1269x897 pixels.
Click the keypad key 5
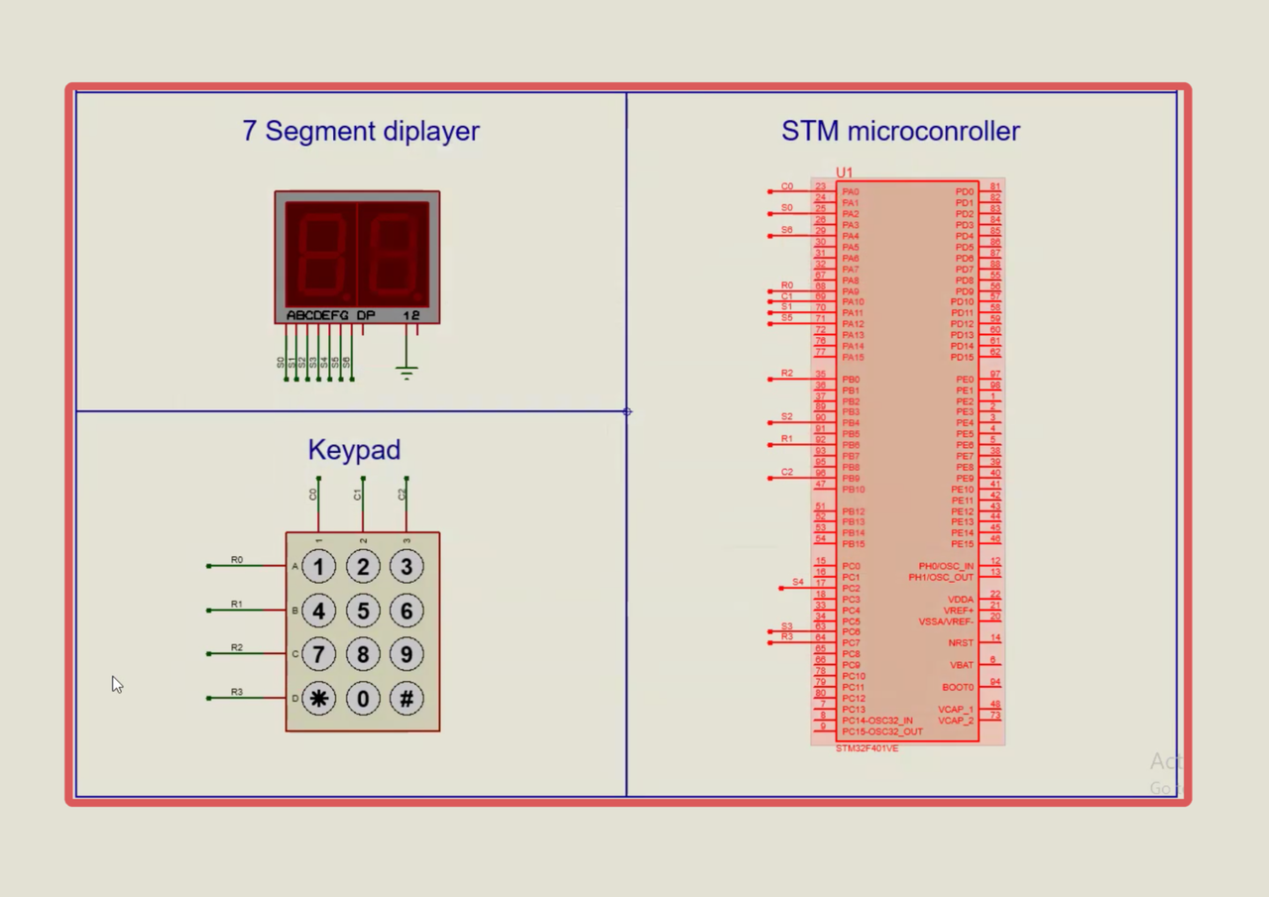pyautogui.click(x=363, y=611)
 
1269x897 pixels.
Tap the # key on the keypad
pyautogui.click(x=406, y=699)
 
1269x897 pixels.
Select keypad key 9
pyautogui.click(x=406, y=654)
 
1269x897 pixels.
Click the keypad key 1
pyautogui.click(x=318, y=567)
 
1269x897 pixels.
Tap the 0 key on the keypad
pyautogui.click(x=363, y=699)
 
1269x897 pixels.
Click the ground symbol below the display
pyautogui.click(x=405, y=372)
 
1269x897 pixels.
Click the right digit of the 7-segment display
pyautogui.click(x=394, y=254)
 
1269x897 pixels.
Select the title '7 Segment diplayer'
pyautogui.click(x=361, y=131)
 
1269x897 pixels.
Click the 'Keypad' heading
pyautogui.click(x=354, y=450)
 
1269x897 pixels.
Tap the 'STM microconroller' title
pyautogui.click(x=900, y=131)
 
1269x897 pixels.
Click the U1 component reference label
pyautogui.click(x=844, y=172)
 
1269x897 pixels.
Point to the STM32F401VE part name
pyautogui.click(x=866, y=748)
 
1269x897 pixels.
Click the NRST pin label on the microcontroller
pyautogui.click(x=961, y=643)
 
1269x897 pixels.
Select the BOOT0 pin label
pyautogui.click(x=958, y=687)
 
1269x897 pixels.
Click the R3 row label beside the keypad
pyautogui.click(x=237, y=692)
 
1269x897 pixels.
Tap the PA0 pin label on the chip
pyautogui.click(x=850, y=192)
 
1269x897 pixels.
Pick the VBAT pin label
pyautogui.click(x=962, y=665)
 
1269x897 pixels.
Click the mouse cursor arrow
pyautogui.click(x=116, y=684)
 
